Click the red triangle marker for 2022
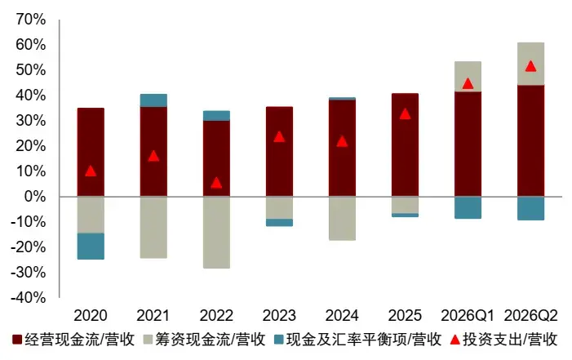point(216,183)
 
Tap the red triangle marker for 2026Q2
point(530,66)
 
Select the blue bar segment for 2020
point(91,246)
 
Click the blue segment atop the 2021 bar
point(153,100)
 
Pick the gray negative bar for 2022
point(216,233)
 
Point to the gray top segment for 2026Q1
point(468,76)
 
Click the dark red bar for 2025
point(405,145)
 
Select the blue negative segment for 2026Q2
point(530,208)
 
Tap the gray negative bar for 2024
point(342,219)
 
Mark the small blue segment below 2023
point(279,223)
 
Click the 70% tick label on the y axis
point(31,20)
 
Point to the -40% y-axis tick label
point(28,298)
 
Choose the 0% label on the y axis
point(35,197)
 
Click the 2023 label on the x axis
point(279,315)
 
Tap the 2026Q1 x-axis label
point(468,315)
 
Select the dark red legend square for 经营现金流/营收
point(17,340)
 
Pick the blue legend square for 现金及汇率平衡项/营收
point(279,340)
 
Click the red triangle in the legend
point(454,340)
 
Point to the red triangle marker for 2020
point(91,171)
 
